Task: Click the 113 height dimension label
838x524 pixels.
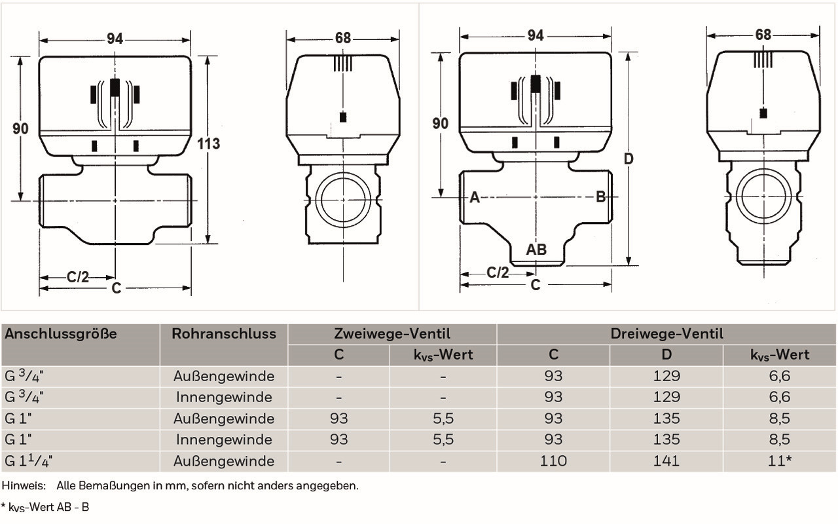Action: click(x=209, y=143)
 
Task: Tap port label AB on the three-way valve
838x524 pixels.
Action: click(x=536, y=250)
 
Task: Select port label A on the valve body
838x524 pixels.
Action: click(x=475, y=197)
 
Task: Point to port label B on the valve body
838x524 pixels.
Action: click(x=600, y=196)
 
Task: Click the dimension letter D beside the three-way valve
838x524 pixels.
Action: click(x=628, y=159)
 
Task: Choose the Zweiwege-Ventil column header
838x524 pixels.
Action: click(x=392, y=333)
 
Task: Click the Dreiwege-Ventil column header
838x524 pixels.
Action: click(x=666, y=333)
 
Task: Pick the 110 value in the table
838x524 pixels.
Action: click(x=553, y=460)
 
